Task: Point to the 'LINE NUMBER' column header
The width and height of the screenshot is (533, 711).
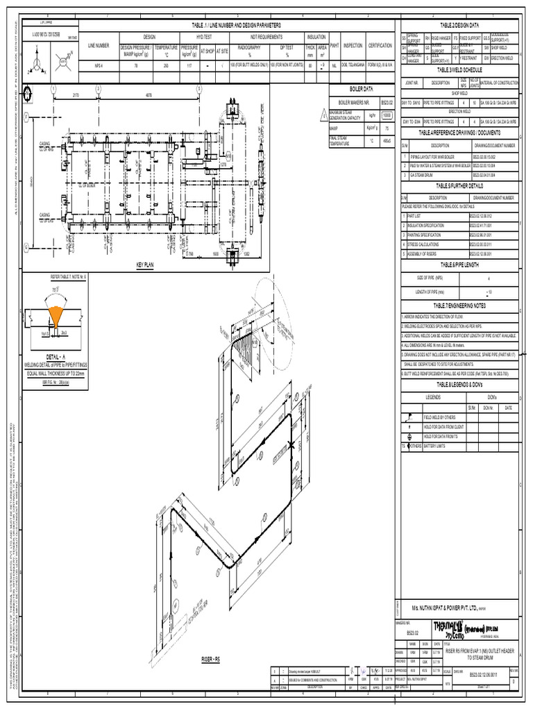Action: point(99,44)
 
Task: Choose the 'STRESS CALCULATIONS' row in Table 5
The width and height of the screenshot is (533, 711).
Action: point(430,244)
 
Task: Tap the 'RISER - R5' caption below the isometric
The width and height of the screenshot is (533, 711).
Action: point(210,658)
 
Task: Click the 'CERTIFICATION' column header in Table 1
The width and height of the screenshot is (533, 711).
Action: point(380,44)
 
